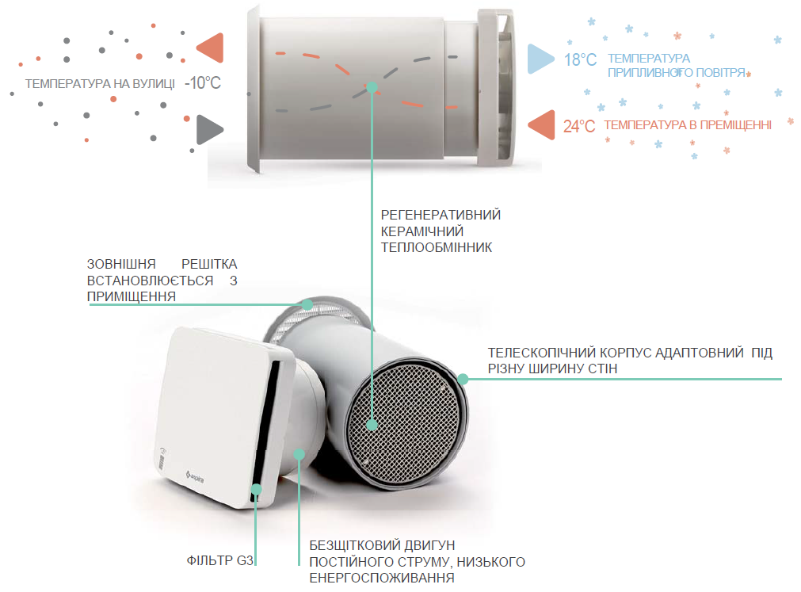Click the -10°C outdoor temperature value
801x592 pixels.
point(203,82)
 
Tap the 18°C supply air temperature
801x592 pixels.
point(580,59)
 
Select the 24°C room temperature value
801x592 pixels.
point(579,126)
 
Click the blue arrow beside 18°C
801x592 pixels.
point(540,59)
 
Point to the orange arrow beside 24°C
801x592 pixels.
point(541,124)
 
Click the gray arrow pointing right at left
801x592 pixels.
point(210,129)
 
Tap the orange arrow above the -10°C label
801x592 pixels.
point(211,48)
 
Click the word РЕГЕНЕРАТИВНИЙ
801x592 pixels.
point(441,215)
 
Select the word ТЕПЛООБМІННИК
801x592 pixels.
point(437,248)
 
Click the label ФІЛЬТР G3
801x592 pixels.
point(219,560)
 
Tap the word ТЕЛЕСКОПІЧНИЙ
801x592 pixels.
point(541,353)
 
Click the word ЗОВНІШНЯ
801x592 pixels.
point(121,264)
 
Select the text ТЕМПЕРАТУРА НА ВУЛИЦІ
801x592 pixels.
point(100,83)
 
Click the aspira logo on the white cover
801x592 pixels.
point(195,476)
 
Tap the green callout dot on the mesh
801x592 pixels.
point(372,425)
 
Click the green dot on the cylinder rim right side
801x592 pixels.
point(463,379)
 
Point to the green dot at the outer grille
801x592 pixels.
point(307,305)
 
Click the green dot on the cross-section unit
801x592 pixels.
point(372,87)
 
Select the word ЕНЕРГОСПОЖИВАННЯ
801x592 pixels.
point(382,578)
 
